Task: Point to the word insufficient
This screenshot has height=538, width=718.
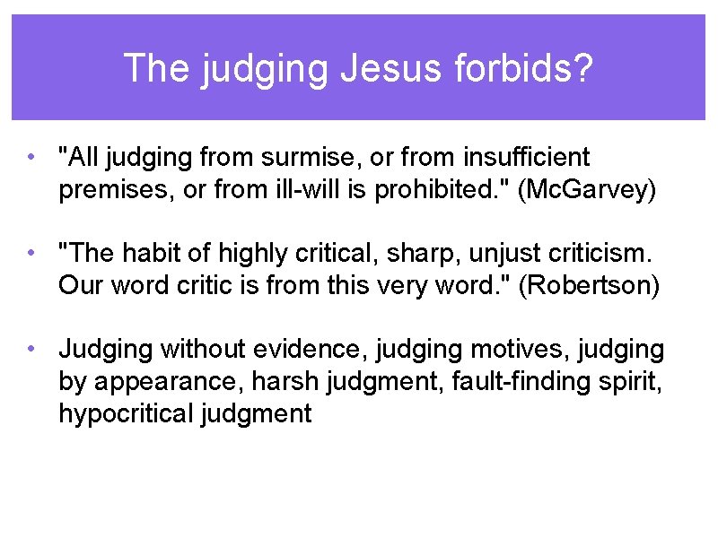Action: [527, 158]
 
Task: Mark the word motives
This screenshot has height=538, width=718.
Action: [507, 350]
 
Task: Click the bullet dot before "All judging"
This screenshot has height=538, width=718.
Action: [31, 158]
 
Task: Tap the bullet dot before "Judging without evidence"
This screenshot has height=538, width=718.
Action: [31, 350]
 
